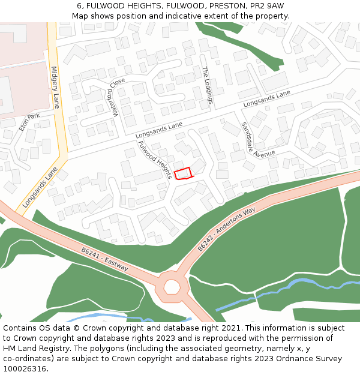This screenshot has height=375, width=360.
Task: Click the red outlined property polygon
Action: tap(183, 173)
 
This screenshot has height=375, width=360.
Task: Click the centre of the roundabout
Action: tap(172, 287)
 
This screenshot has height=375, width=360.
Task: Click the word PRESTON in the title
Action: tap(228, 6)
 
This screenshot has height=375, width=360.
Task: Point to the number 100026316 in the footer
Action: tap(25, 368)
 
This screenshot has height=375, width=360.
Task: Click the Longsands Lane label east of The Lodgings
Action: tap(266, 99)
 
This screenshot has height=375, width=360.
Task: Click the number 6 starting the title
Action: tap(79, 6)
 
